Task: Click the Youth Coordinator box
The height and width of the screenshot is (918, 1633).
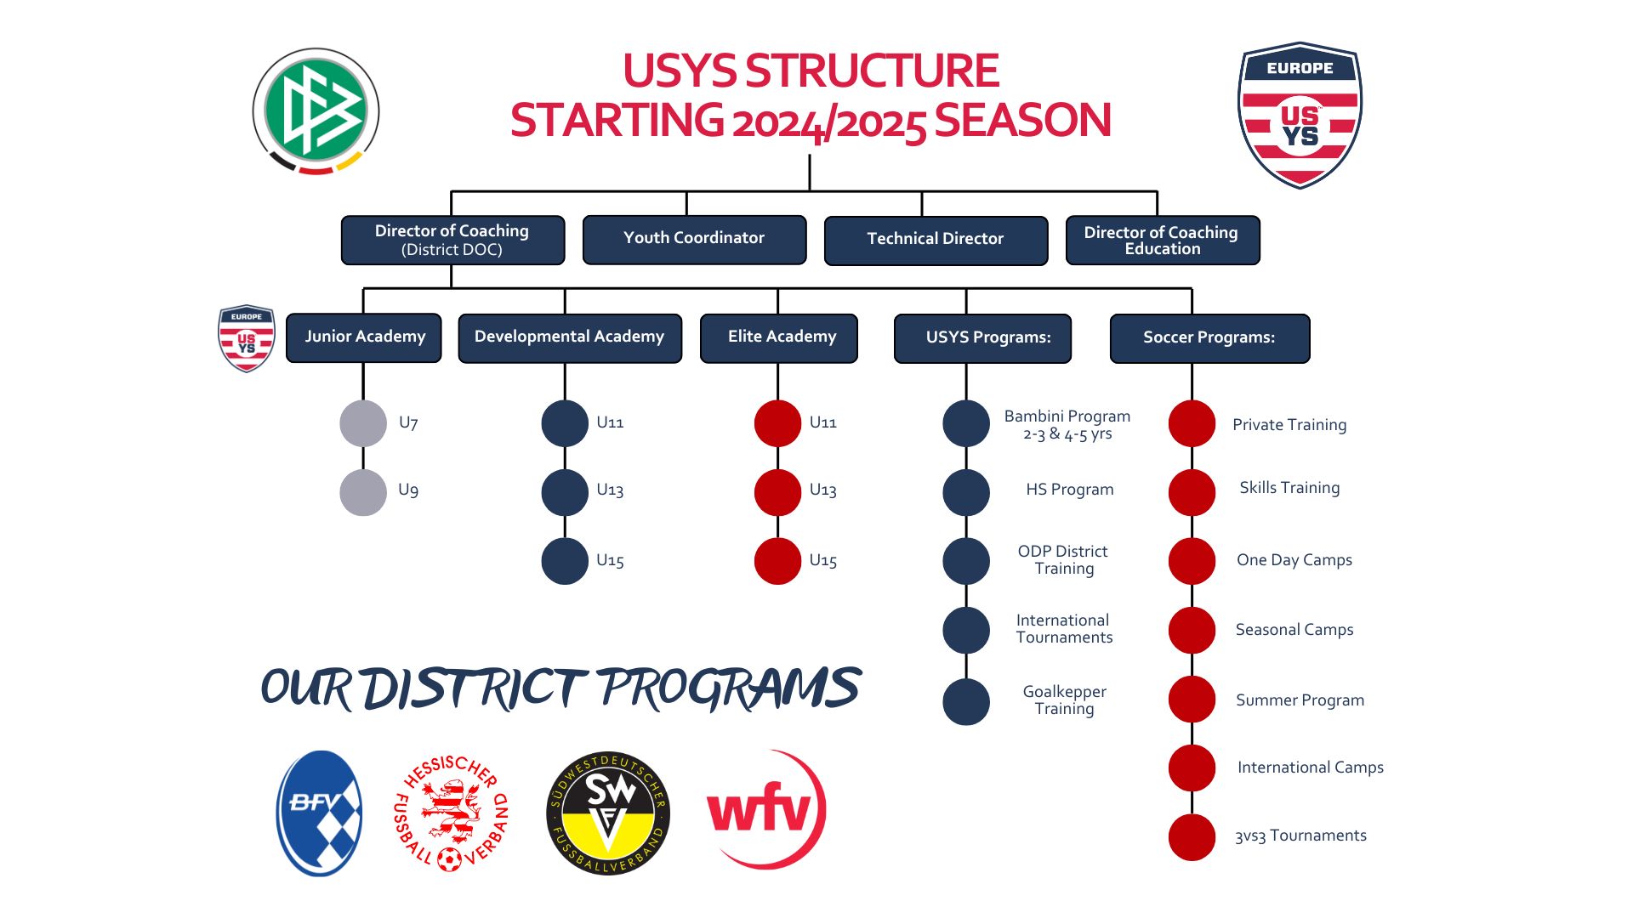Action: coord(694,239)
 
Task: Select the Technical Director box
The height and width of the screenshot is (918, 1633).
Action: coord(936,240)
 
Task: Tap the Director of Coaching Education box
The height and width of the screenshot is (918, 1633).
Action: coord(1162,241)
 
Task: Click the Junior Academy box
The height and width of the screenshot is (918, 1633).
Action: coord(364,337)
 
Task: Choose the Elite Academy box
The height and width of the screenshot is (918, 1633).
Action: coord(778,337)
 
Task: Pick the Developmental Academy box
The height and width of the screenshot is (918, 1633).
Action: coord(570,337)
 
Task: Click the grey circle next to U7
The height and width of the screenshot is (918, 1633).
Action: coord(363,423)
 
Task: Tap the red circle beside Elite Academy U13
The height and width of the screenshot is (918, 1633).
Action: coord(777,492)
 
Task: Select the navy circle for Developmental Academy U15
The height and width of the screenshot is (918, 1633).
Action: coord(565,561)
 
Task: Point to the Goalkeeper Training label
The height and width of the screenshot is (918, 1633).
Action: coord(1064,700)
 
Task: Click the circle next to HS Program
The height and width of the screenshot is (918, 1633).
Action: coord(966,492)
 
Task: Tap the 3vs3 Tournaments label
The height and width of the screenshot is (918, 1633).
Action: coord(1300,836)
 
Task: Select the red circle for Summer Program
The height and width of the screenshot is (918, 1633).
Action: coord(1192,700)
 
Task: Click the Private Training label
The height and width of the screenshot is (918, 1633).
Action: coord(1289,425)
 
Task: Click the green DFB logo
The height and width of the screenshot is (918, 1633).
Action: coord(316,111)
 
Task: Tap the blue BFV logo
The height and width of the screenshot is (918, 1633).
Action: coord(319,813)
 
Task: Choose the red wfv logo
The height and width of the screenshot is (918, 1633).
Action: coord(765,809)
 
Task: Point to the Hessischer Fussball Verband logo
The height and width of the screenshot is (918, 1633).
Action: coord(452,813)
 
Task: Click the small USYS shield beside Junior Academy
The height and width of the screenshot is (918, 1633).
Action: coord(247,338)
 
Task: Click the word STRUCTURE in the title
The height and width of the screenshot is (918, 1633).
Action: coord(872,71)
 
